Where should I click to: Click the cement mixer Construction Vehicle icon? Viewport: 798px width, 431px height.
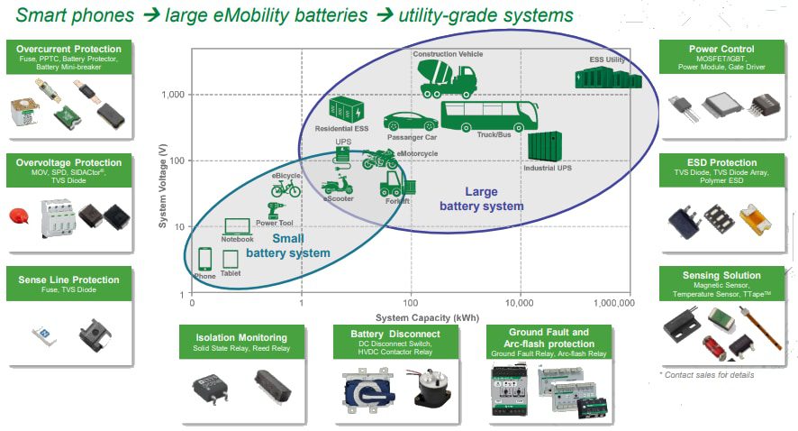(448, 78)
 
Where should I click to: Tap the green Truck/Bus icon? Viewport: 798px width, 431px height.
(489, 115)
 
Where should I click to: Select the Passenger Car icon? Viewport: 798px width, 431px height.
(411, 123)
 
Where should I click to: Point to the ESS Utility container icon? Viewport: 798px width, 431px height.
(608, 78)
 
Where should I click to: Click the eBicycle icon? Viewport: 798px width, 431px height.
(286, 188)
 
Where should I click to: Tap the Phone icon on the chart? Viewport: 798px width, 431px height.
(204, 259)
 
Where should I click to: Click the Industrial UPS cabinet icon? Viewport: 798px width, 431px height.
(546, 146)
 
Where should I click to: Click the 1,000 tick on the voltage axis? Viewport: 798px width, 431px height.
(173, 95)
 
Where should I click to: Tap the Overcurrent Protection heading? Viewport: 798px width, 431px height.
(68, 49)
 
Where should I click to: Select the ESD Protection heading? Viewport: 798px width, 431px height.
(720, 164)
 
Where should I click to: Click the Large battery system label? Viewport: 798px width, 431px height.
(482, 198)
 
